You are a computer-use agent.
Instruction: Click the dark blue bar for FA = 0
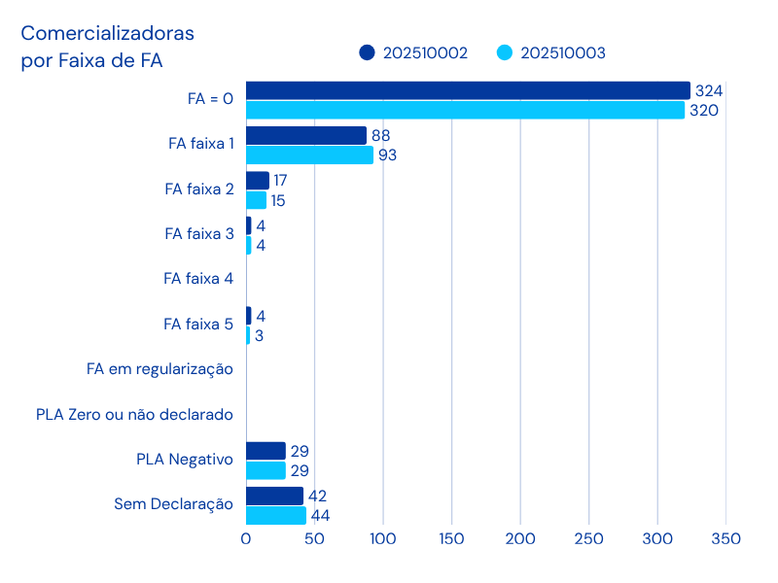[x=468, y=90]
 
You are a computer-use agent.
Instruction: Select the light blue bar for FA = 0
[x=465, y=110]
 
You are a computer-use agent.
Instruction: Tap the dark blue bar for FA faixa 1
[x=306, y=135]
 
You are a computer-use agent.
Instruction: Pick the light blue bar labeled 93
[x=309, y=154]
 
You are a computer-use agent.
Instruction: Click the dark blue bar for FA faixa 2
[x=258, y=181]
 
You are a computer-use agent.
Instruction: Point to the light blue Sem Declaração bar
[x=276, y=515]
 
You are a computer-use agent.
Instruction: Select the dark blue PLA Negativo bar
[x=265, y=451]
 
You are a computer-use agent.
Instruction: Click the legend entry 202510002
[x=413, y=52]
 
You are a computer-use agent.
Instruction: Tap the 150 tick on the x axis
[x=452, y=538]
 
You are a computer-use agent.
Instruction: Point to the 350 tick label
[x=726, y=538]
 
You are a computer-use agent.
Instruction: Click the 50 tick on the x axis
[x=314, y=538]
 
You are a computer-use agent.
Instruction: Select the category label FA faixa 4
[x=198, y=278]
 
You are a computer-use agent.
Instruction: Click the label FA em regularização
[x=159, y=368]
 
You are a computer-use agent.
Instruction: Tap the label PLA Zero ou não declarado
[x=133, y=415]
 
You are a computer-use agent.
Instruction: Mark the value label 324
[x=708, y=90]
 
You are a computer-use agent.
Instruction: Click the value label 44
[x=320, y=516]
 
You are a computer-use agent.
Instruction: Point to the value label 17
[x=281, y=181]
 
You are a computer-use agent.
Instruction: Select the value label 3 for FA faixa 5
[x=259, y=336]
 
